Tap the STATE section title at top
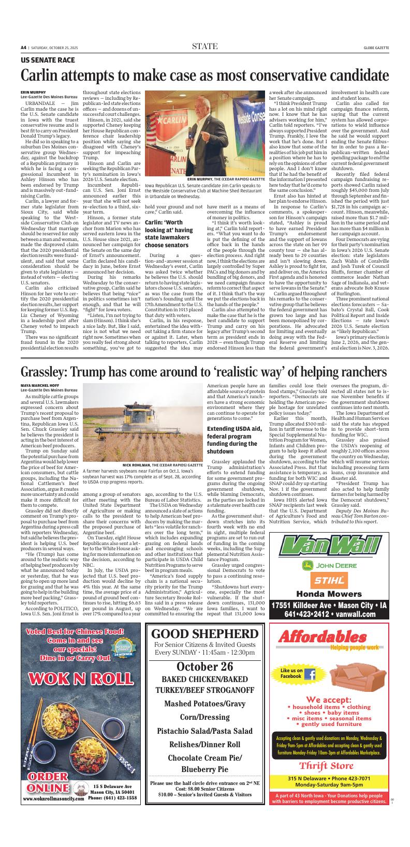point(204,47)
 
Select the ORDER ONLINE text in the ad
point(51,781)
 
